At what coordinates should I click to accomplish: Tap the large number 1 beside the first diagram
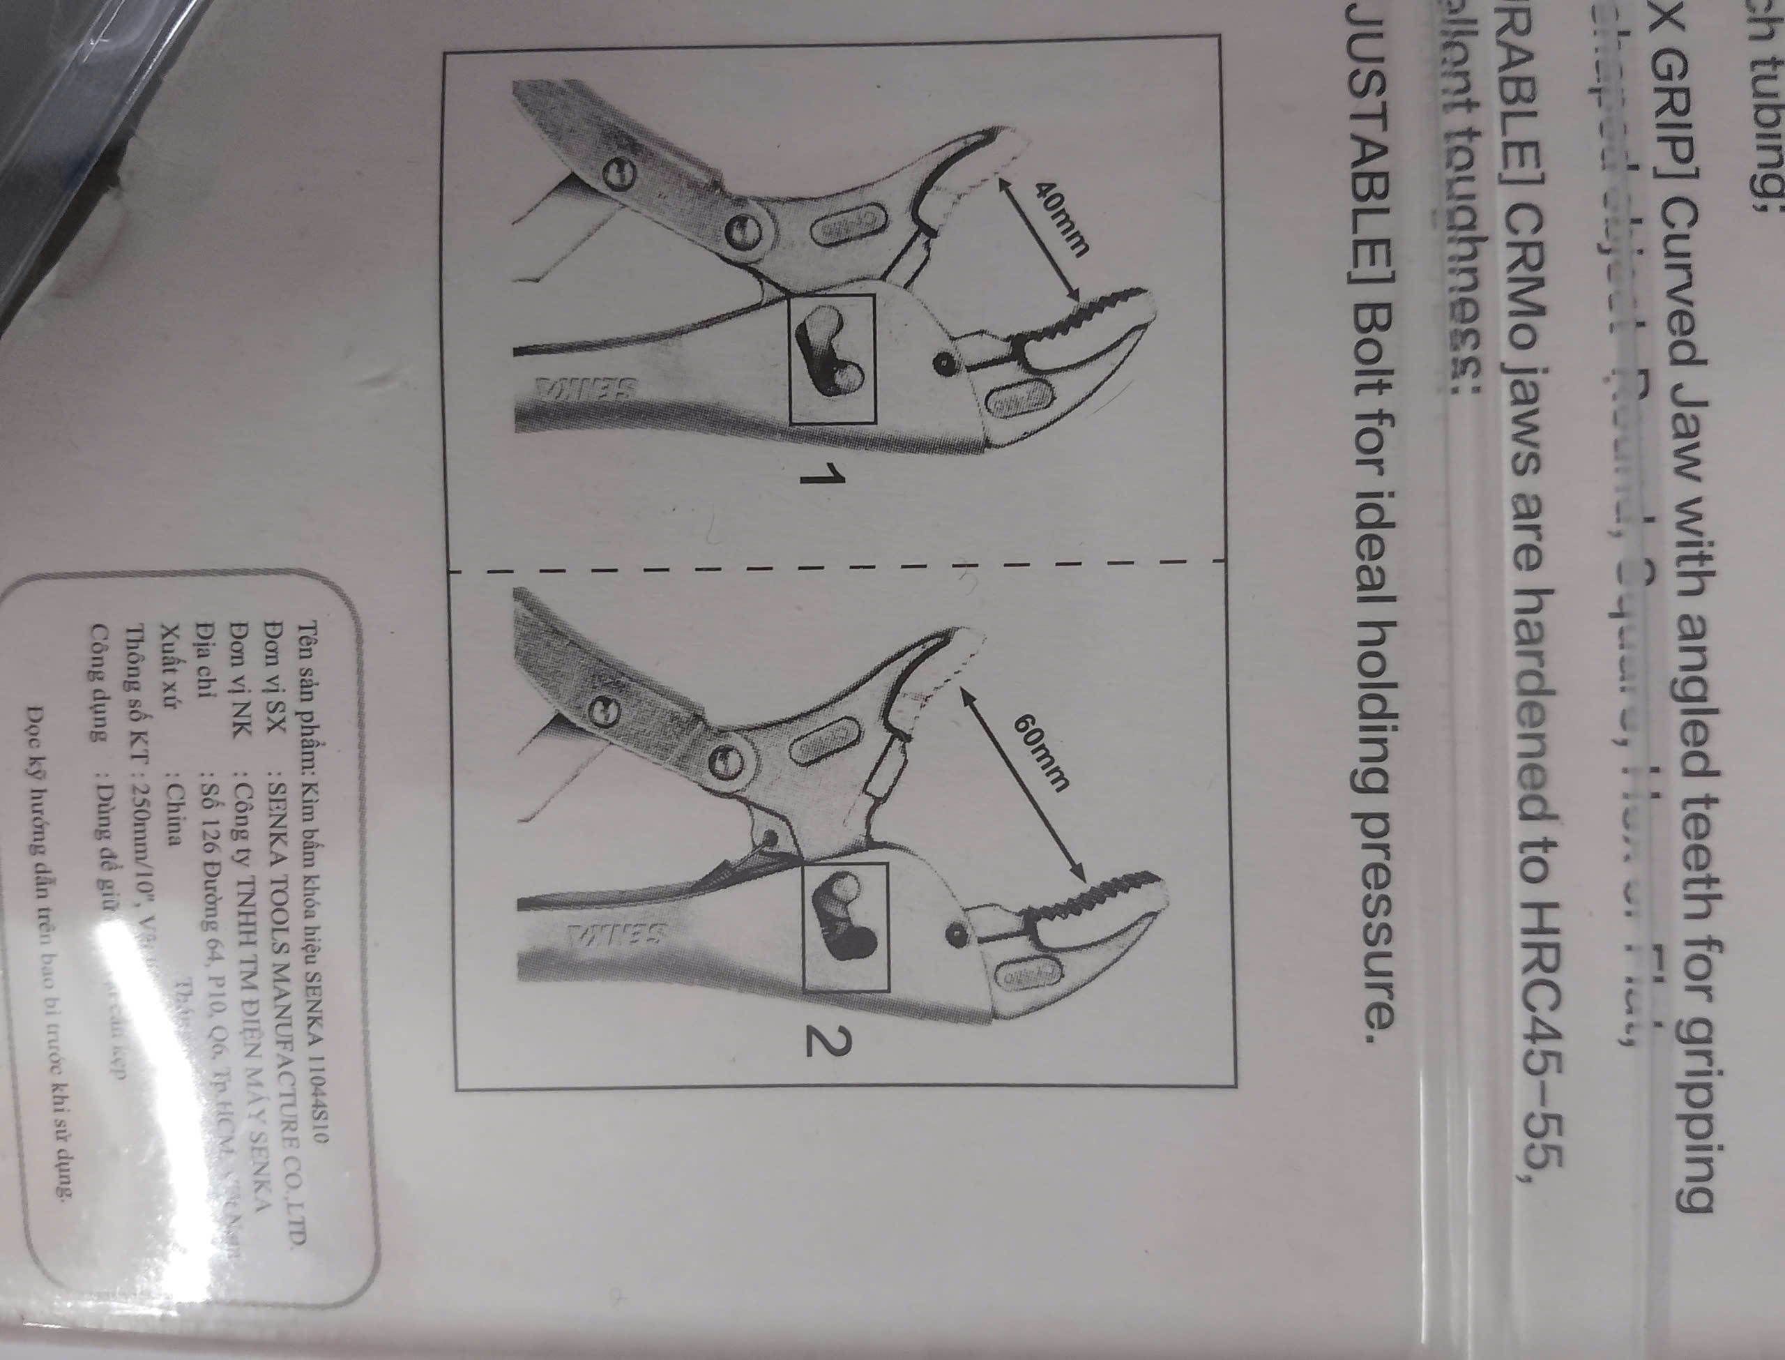click(819, 475)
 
